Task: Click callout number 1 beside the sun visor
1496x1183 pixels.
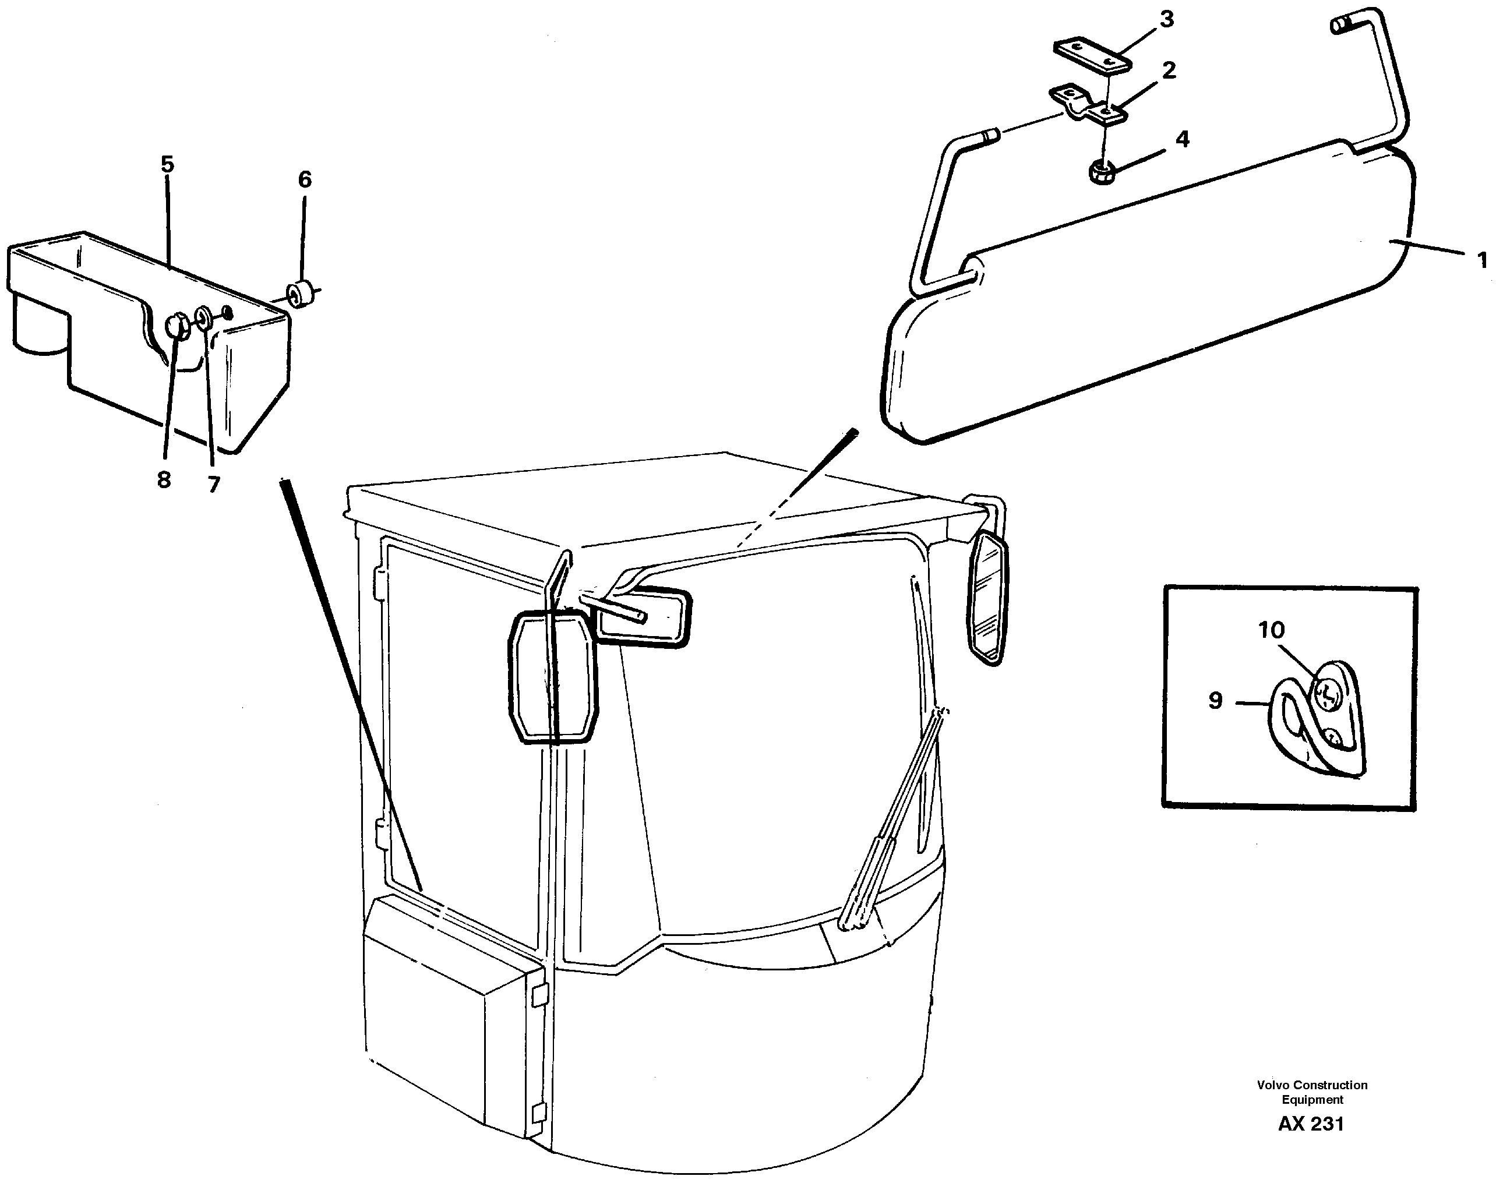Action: (1481, 260)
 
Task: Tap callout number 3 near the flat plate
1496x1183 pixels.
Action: (1167, 20)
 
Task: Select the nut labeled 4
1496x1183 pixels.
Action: (1100, 171)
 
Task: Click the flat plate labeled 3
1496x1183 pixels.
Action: (1092, 55)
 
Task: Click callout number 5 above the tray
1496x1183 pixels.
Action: (167, 165)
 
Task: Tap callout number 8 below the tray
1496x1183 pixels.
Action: (164, 479)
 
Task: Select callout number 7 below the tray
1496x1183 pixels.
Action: (213, 484)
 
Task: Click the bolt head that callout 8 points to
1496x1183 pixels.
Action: (179, 325)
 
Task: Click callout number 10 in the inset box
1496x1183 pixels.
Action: (1271, 630)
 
